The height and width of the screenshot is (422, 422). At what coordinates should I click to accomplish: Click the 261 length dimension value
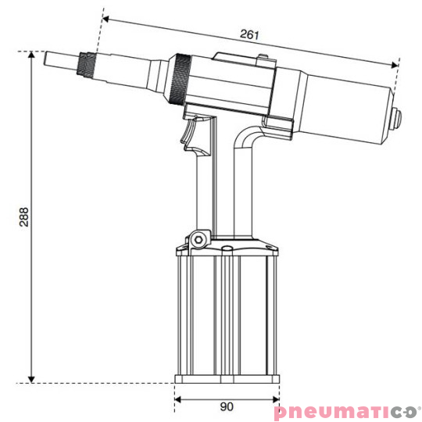pos(249,35)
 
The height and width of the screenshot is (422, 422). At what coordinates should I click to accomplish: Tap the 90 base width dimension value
pos(227,407)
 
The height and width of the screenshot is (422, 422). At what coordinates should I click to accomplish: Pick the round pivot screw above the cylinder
pos(199,238)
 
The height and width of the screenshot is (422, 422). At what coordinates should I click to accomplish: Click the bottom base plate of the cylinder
pos(227,380)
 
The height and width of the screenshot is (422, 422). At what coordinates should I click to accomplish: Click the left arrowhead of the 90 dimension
pos(178,398)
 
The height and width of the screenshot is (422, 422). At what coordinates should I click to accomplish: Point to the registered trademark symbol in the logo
pos(418,405)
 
